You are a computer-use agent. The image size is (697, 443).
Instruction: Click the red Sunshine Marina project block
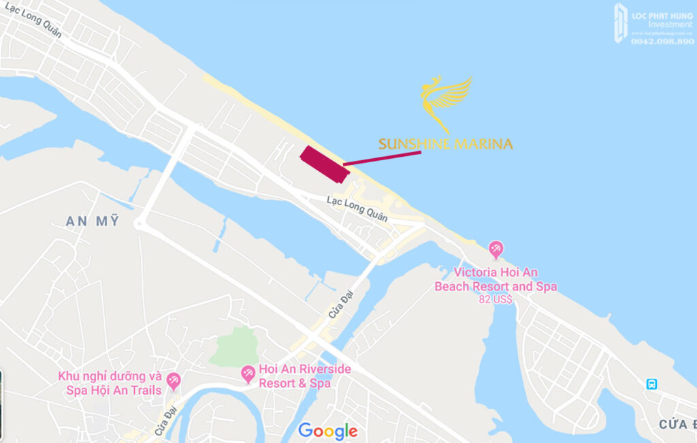(x=325, y=164)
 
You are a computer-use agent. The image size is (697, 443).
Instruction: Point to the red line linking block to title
(x=382, y=158)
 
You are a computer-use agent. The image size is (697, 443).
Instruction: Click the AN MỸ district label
(x=93, y=221)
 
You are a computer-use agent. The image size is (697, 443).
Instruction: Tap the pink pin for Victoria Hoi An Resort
(x=496, y=250)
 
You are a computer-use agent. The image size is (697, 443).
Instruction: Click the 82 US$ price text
(x=496, y=299)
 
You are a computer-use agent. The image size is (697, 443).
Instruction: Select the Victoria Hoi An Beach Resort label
(x=496, y=279)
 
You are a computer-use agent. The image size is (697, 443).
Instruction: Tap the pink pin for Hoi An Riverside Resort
(x=248, y=373)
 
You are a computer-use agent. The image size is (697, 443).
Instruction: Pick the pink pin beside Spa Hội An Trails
(x=174, y=381)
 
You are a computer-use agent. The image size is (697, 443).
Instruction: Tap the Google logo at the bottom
(x=327, y=431)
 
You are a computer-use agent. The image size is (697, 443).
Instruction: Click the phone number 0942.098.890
(x=662, y=42)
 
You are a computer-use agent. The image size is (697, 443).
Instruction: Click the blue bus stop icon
(x=651, y=384)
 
